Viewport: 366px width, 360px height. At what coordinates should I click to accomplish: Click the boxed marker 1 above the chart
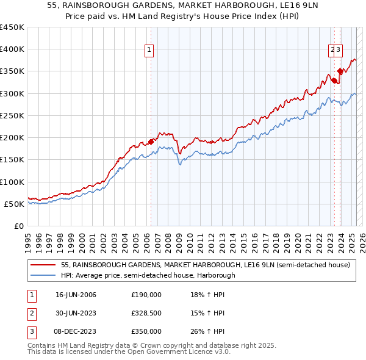click(x=149, y=51)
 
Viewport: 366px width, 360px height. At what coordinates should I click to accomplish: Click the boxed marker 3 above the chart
click(x=339, y=51)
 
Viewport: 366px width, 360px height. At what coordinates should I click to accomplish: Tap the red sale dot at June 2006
click(x=151, y=142)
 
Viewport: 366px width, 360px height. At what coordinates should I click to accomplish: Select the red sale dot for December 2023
click(x=340, y=71)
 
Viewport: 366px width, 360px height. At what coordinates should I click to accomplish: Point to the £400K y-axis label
click(x=12, y=49)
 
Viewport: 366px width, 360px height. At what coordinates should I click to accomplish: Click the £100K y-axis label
click(x=12, y=182)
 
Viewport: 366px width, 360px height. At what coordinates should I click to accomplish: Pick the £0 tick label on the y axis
click(x=19, y=226)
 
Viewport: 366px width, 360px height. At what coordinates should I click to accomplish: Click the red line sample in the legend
click(x=44, y=265)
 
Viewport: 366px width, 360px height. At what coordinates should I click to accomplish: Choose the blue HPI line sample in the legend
click(x=44, y=275)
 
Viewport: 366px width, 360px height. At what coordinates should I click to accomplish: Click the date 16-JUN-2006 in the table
click(x=76, y=295)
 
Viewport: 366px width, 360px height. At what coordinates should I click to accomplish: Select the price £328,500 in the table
click(x=146, y=313)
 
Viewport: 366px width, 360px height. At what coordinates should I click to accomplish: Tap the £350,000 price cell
click(x=146, y=331)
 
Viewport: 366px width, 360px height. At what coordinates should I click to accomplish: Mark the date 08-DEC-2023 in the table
click(x=76, y=331)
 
